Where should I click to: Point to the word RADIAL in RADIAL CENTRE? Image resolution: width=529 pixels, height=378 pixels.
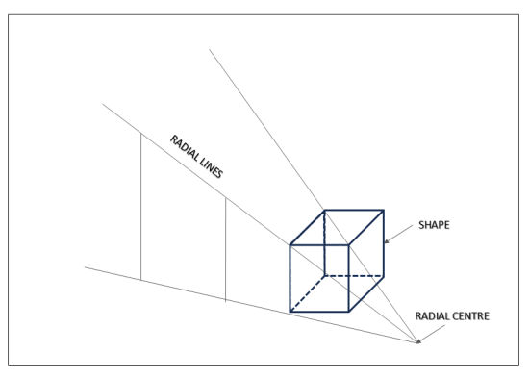click(x=434, y=314)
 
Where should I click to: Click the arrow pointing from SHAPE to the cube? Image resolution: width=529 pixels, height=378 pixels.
click(x=395, y=237)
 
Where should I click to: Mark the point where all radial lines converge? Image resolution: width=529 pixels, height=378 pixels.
click(x=419, y=342)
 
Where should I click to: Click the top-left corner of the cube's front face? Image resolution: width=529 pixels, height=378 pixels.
click(x=290, y=244)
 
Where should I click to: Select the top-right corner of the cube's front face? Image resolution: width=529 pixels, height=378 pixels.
click(x=349, y=244)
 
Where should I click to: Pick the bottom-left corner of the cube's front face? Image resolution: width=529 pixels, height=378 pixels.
click(x=290, y=312)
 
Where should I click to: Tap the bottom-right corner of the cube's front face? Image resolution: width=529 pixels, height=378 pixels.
click(x=349, y=312)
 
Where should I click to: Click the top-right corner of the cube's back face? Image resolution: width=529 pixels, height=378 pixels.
click(x=384, y=209)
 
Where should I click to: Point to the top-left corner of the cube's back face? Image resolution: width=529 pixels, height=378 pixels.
click(x=324, y=209)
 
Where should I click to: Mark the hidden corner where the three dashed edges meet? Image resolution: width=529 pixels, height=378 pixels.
click(x=324, y=276)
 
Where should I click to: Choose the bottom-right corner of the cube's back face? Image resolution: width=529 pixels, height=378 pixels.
click(x=384, y=276)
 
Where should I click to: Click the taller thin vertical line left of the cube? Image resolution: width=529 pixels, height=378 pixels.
click(x=141, y=207)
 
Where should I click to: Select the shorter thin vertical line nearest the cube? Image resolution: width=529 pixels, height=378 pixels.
click(x=225, y=250)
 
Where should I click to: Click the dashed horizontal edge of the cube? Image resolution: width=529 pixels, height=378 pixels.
click(x=354, y=276)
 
